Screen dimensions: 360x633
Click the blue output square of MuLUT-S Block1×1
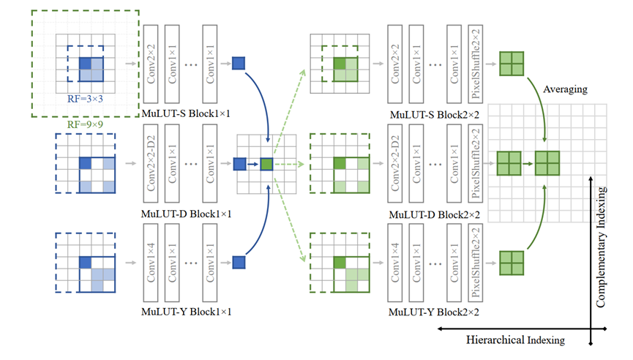click(239, 63)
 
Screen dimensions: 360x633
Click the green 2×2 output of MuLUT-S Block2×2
click(511, 63)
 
